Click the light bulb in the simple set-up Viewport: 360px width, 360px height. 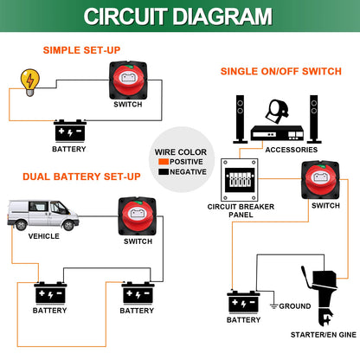pos(29,82)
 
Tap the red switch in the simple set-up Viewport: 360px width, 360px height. pos(128,80)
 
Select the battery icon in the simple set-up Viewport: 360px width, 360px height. pos(70,131)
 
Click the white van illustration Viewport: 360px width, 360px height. pos(43,215)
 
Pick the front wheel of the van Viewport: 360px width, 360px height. pos(68,225)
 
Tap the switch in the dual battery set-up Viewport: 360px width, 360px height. pos(138,216)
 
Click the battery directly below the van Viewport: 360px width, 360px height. pos(50,293)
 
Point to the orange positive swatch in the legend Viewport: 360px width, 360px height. pos(164,162)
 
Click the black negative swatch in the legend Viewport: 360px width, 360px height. pos(164,171)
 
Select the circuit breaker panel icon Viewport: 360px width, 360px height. pos(240,180)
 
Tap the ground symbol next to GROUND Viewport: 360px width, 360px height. pos(273,305)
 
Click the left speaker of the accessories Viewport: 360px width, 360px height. pos(241,119)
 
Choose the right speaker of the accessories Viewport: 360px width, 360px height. pos(314,119)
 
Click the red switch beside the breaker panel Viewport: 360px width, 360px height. pos(320,180)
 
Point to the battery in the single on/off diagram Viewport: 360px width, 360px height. pos(244,302)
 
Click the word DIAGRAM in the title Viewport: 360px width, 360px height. pos(222,16)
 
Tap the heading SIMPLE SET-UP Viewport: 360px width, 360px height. pos(81,50)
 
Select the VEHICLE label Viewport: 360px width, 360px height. pos(44,236)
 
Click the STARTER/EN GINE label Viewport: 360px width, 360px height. pos(324,335)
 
